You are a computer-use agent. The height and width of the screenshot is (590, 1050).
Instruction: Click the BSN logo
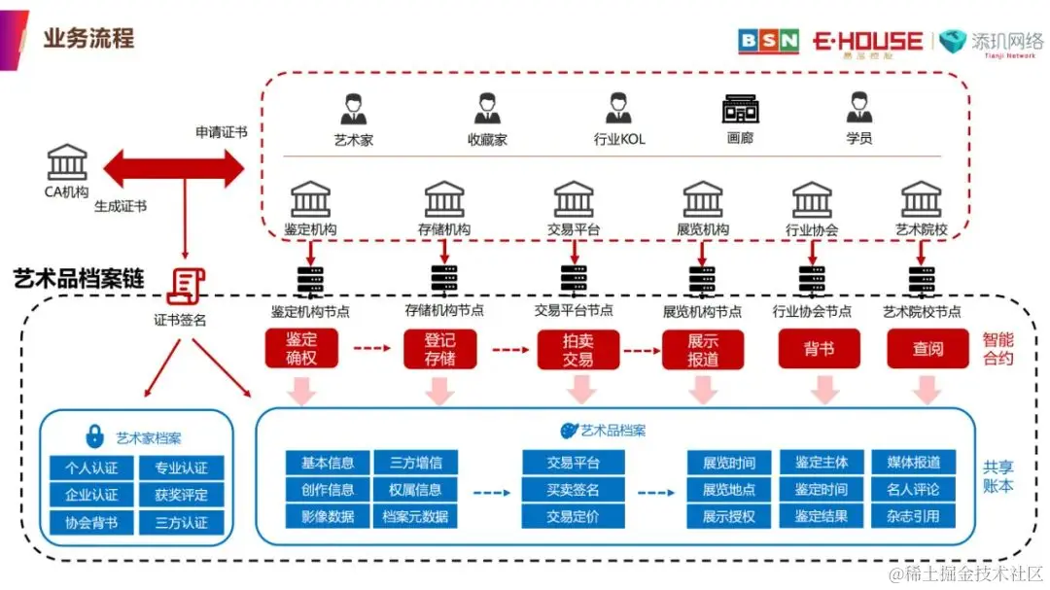coord(768,41)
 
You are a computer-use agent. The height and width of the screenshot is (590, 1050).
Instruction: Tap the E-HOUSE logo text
coord(867,41)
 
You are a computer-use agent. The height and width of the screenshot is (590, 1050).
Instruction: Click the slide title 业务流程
coord(88,39)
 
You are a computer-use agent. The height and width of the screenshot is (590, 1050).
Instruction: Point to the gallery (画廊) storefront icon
coord(740,109)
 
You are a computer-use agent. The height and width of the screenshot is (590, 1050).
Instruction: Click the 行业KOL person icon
coord(618,109)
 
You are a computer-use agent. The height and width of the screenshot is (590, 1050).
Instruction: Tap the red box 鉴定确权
coord(301,349)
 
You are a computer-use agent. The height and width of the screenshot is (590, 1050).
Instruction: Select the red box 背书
coord(819,349)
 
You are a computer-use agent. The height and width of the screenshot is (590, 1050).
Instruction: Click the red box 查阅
coord(927,349)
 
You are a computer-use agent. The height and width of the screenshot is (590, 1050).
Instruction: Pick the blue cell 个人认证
coord(91,468)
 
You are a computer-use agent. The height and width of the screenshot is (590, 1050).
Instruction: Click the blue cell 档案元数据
coord(415,516)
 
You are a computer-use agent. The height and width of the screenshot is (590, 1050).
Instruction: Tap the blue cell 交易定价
coord(573,516)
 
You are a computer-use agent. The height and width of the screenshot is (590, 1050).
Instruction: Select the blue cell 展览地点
coord(728,489)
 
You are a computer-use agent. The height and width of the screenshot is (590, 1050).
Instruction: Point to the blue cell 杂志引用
coord(913,516)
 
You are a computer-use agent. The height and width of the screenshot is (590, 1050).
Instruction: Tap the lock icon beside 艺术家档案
coord(95,435)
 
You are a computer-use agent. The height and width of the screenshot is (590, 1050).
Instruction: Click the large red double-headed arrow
coord(173,167)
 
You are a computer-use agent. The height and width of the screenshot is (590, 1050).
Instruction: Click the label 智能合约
coord(997,349)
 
